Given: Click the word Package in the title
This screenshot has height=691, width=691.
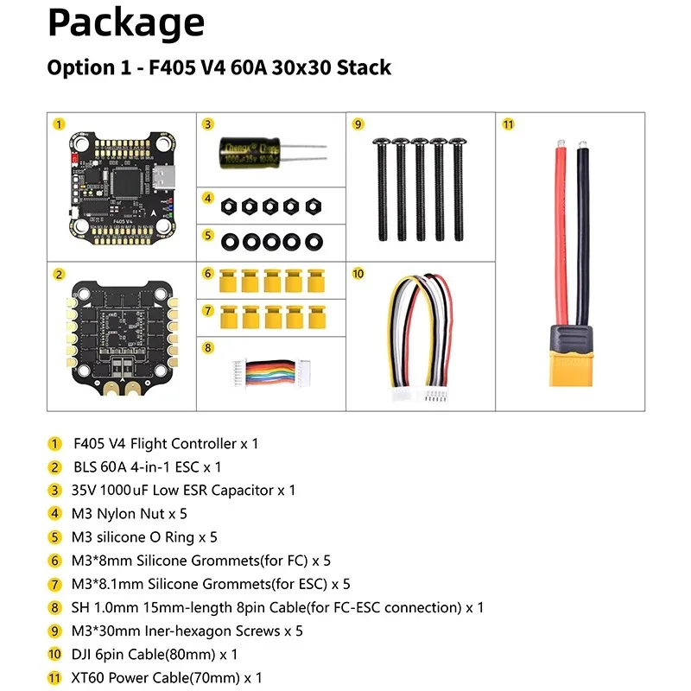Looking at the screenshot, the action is [x=126, y=24].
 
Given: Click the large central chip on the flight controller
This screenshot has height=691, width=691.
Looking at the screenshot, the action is [x=126, y=181].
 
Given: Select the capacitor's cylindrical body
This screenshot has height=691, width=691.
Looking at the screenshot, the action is [x=250, y=153].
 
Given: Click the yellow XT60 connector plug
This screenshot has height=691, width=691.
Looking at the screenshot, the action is [x=571, y=356].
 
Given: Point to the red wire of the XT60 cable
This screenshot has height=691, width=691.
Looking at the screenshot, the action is [x=561, y=233].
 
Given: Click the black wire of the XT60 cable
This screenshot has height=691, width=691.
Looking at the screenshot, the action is [x=582, y=233].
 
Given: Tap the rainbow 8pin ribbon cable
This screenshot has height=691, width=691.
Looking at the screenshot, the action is [x=271, y=372].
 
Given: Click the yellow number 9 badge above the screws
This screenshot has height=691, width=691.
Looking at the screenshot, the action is [x=358, y=124].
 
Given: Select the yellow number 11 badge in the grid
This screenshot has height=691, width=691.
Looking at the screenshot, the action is [x=508, y=124].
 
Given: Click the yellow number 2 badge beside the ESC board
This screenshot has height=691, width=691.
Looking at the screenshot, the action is [x=59, y=275].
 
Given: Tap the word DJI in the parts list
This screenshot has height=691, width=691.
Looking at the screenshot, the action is [x=81, y=654].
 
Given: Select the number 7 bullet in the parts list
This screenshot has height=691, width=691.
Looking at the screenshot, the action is [x=54, y=584].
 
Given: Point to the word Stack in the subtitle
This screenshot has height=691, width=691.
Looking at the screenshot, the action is [x=364, y=67].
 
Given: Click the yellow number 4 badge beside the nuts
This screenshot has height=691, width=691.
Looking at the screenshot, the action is [x=207, y=198].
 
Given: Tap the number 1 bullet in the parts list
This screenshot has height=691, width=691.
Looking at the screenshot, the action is [x=54, y=443].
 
